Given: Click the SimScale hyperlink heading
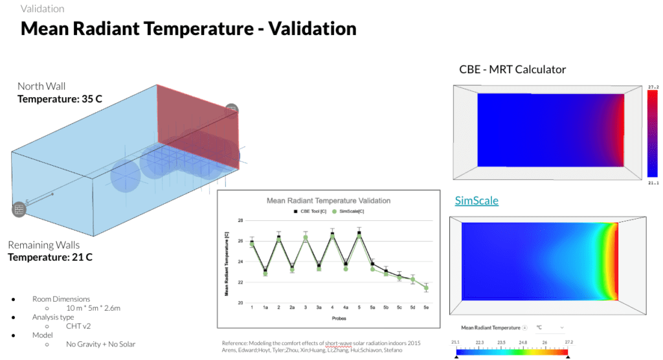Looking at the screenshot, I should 477,200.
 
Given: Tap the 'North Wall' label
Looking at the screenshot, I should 41,86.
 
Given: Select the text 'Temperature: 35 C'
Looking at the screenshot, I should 60,99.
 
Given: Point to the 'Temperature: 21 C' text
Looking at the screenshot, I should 50,258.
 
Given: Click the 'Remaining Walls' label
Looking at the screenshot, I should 44,245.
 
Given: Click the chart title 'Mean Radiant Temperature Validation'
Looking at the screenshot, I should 329,201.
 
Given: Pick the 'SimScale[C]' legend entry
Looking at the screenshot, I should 355,211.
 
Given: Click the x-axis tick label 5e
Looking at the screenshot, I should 425,308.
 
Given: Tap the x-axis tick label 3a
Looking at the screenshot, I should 319,308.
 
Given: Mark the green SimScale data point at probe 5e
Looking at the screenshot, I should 426,288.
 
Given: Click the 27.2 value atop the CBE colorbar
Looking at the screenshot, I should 653,86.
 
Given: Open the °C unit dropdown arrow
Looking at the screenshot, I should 561,328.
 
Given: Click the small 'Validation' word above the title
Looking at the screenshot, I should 43,9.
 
